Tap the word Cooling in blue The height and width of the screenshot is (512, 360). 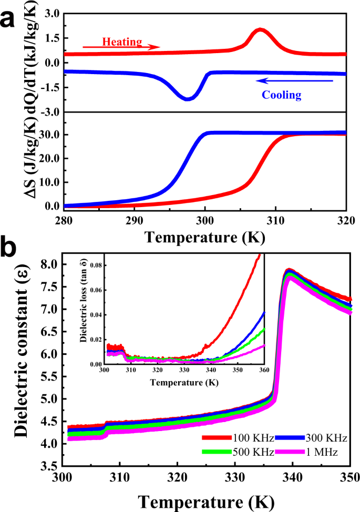pyautogui.click(x=283, y=95)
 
